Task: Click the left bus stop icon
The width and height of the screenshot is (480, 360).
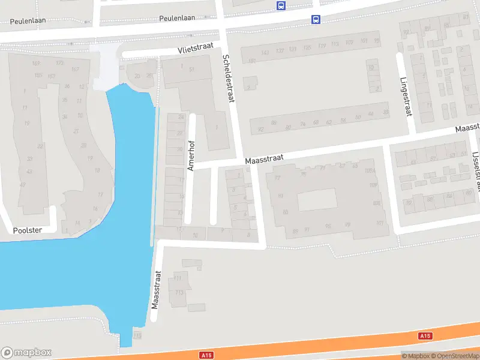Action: (x=281, y=5)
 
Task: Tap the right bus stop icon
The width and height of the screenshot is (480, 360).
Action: (x=316, y=19)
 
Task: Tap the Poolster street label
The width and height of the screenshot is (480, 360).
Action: (x=28, y=230)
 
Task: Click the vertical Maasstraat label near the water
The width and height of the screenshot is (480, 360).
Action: (x=157, y=289)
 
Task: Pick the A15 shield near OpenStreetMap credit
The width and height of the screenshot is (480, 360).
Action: (x=425, y=336)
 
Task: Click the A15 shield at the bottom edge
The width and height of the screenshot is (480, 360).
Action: (x=207, y=356)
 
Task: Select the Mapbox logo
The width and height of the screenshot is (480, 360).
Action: (x=26, y=352)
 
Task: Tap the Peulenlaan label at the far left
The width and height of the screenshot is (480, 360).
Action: (x=28, y=20)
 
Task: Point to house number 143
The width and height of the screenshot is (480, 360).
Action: (x=265, y=51)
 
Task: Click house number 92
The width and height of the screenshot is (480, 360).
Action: (x=260, y=130)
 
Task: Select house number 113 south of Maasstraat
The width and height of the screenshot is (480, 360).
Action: (x=179, y=293)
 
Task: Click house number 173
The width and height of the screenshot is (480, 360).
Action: (x=59, y=63)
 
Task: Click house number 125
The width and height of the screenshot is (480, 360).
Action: (x=307, y=47)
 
